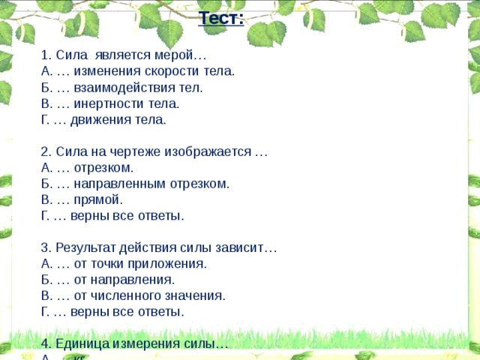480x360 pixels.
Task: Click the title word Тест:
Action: pyautogui.click(x=221, y=17)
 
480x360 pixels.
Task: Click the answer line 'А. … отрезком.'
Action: pyautogui.click(x=88, y=167)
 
